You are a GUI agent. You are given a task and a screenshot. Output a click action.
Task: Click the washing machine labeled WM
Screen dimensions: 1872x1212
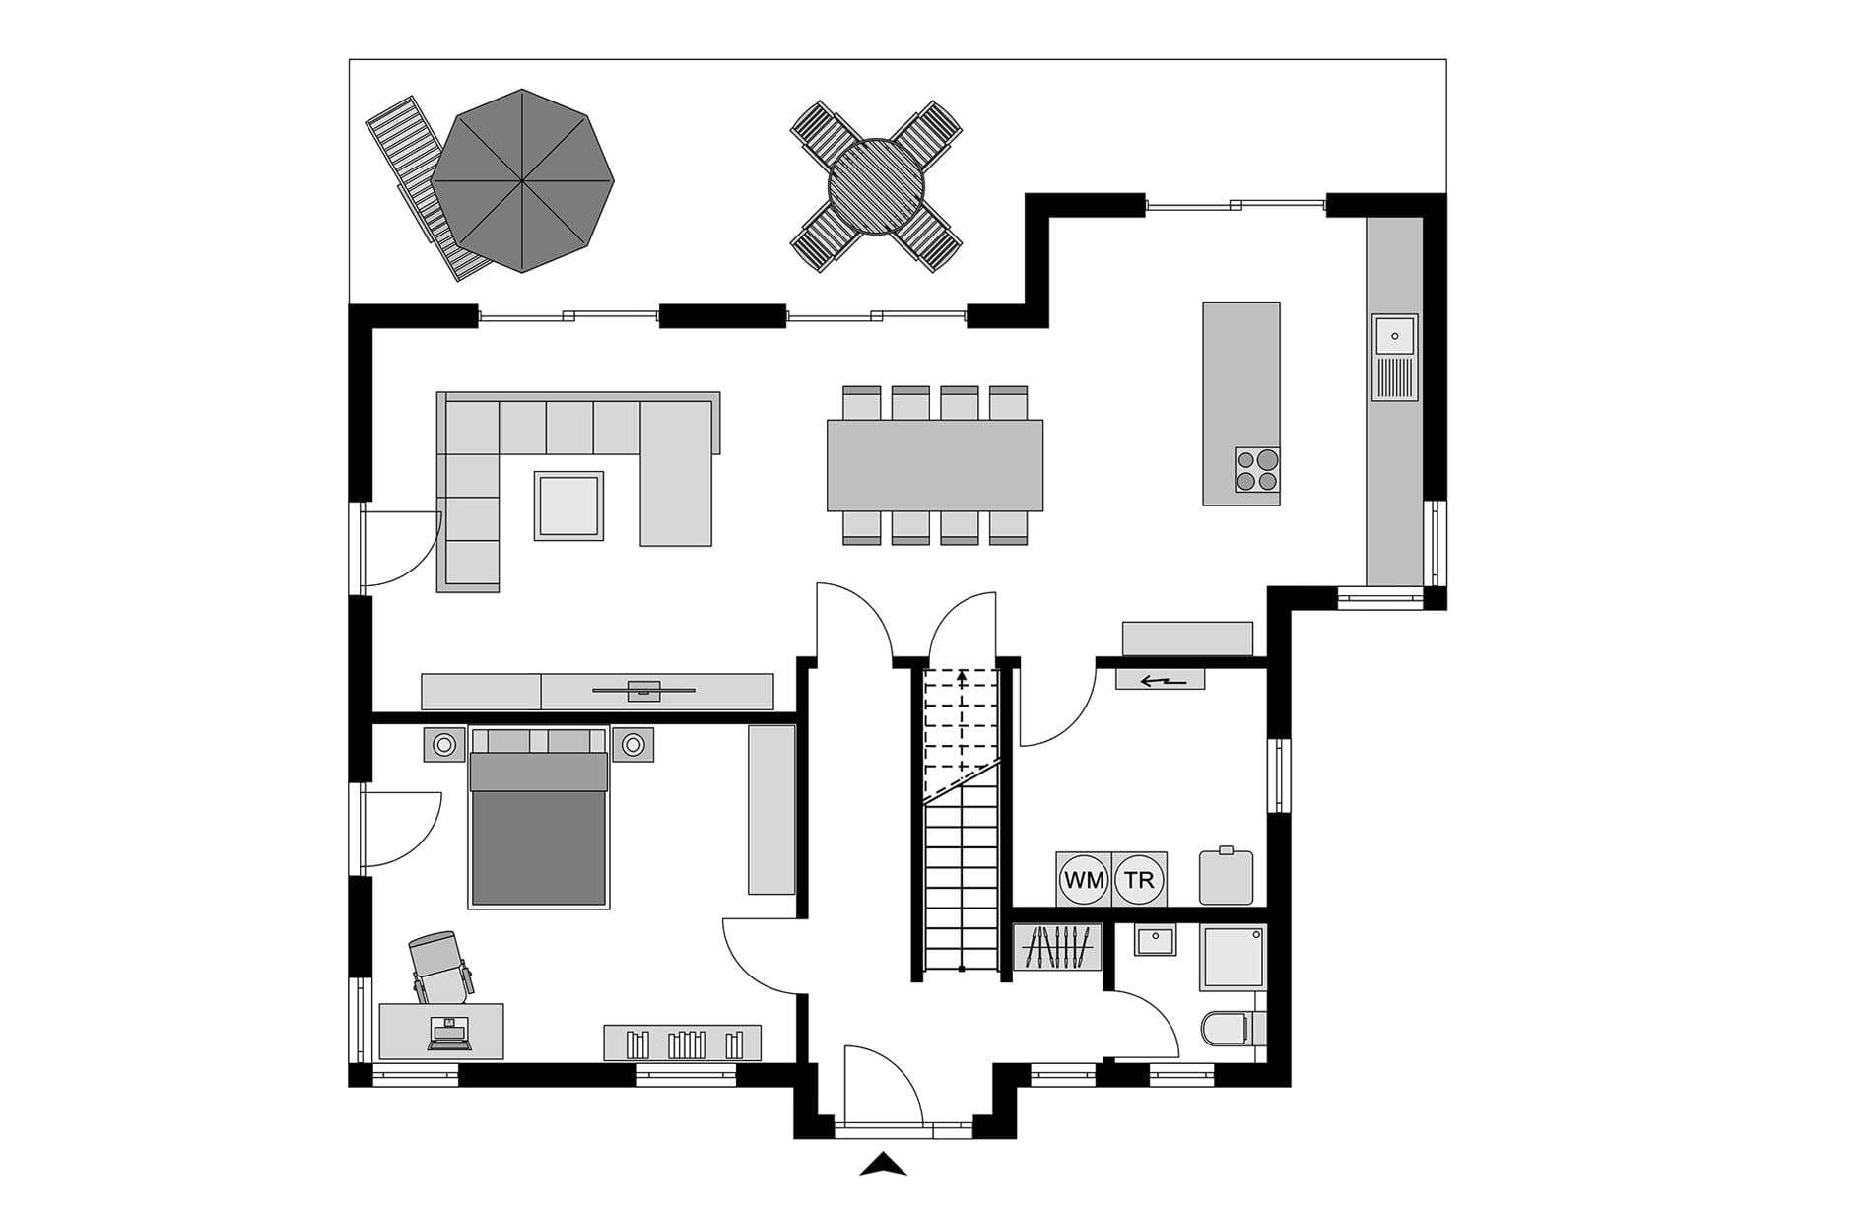click(x=1084, y=879)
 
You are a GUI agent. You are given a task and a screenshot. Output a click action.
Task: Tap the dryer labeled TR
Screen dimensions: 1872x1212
click(x=1139, y=879)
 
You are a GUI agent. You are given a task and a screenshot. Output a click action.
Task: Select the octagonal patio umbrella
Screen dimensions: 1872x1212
click(x=522, y=180)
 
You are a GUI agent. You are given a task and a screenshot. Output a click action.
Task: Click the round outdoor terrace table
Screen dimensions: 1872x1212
click(x=876, y=185)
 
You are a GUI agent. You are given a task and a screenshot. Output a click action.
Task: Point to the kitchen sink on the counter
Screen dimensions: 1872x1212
click(x=1394, y=357)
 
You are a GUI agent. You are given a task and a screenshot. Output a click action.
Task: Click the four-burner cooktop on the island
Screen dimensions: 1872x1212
click(x=1257, y=469)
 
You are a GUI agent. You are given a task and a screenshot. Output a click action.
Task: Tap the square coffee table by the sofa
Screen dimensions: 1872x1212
click(x=568, y=505)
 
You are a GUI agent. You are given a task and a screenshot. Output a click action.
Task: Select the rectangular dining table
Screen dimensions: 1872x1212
click(x=934, y=465)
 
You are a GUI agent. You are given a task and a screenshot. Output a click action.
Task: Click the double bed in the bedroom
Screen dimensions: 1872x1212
click(x=538, y=817)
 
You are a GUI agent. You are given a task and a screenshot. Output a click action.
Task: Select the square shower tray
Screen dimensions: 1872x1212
click(x=1232, y=957)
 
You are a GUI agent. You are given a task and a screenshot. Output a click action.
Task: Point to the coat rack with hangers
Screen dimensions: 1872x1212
click(x=1057, y=948)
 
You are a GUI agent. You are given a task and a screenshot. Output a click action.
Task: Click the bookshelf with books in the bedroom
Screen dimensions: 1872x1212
click(x=682, y=1043)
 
